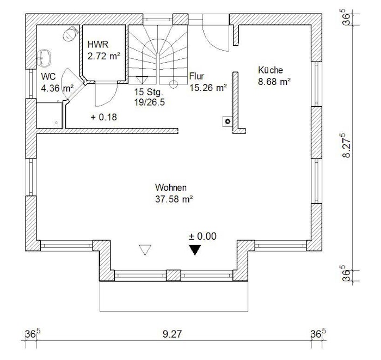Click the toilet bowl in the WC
(70, 34)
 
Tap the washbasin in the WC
(44, 58)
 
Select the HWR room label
(97, 45)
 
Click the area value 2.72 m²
(104, 56)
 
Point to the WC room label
(48, 77)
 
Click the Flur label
(196, 76)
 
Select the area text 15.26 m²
(208, 88)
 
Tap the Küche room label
(271, 70)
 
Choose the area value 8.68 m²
(274, 82)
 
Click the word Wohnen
(171, 188)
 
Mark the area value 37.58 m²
(174, 199)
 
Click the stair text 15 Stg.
(149, 92)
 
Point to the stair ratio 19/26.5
(150, 102)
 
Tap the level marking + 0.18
(104, 117)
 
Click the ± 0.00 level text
(202, 236)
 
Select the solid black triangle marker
(195, 250)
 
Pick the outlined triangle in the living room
(145, 250)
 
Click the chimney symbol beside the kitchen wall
(228, 121)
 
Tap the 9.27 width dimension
(173, 334)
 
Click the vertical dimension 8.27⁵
(347, 145)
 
